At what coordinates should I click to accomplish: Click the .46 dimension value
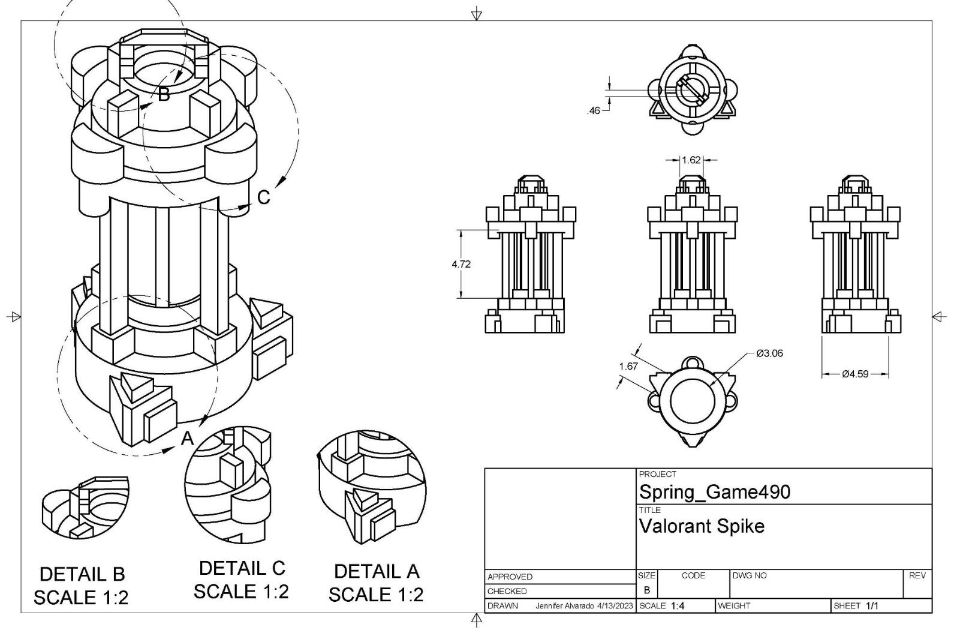(x=594, y=110)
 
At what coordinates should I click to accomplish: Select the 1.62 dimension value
(x=691, y=160)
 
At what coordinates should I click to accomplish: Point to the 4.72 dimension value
(x=461, y=264)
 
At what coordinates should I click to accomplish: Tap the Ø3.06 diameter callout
(x=769, y=353)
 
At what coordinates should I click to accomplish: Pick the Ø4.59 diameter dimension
(x=854, y=374)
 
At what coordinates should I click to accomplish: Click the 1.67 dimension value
(x=628, y=367)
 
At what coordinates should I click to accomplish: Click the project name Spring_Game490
(x=714, y=492)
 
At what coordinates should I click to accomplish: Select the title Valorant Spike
(x=701, y=526)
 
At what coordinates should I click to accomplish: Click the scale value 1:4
(x=678, y=606)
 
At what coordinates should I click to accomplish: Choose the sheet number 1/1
(x=872, y=606)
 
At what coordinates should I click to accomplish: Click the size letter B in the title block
(x=646, y=590)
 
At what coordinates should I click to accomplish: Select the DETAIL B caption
(x=82, y=574)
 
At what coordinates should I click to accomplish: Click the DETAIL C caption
(x=242, y=568)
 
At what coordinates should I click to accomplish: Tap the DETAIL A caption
(x=377, y=571)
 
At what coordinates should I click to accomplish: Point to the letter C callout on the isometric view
(x=264, y=197)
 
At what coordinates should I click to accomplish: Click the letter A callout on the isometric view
(x=188, y=439)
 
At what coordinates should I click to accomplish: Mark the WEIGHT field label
(x=734, y=606)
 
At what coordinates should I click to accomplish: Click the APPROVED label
(x=510, y=577)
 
